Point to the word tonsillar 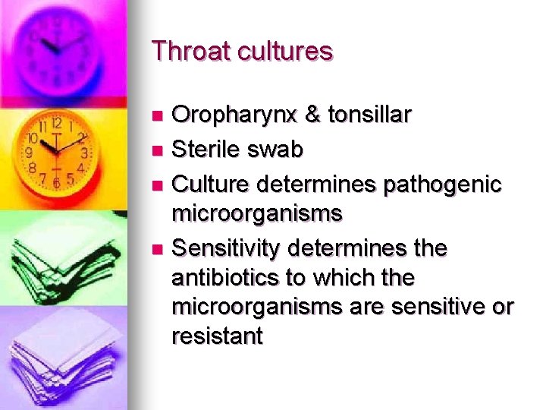click(x=369, y=115)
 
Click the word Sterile click(x=205, y=150)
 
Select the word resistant click(x=217, y=336)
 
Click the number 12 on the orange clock click(x=57, y=123)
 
